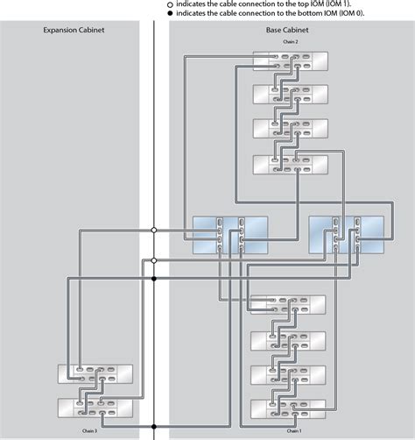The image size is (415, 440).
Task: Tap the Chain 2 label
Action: click(x=290, y=42)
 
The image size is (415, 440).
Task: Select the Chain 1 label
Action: click(x=294, y=430)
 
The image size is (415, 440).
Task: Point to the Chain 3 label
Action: click(x=91, y=430)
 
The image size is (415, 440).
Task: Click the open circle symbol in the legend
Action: click(x=170, y=4)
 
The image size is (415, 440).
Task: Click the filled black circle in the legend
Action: click(x=170, y=13)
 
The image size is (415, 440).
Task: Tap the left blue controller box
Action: click(x=229, y=234)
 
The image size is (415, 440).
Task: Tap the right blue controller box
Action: click(x=347, y=234)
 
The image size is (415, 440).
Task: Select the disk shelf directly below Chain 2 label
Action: click(x=290, y=61)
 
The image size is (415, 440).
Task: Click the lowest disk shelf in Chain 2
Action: click(x=290, y=165)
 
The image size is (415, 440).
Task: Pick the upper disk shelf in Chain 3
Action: click(x=95, y=374)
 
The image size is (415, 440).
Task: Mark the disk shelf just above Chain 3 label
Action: click(x=95, y=408)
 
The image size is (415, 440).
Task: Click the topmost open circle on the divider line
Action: click(x=154, y=230)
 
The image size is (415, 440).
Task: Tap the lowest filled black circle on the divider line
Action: click(x=154, y=279)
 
